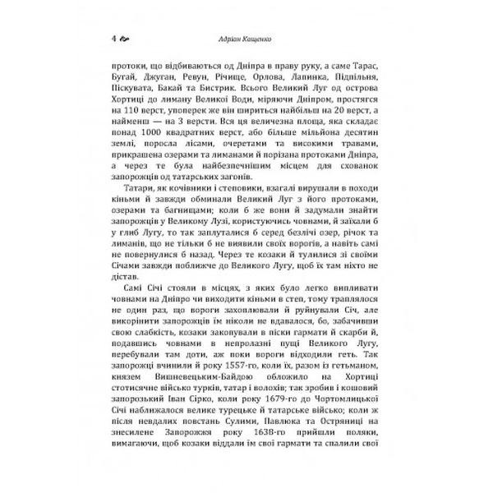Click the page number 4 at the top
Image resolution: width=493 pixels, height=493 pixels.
tap(113, 38)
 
